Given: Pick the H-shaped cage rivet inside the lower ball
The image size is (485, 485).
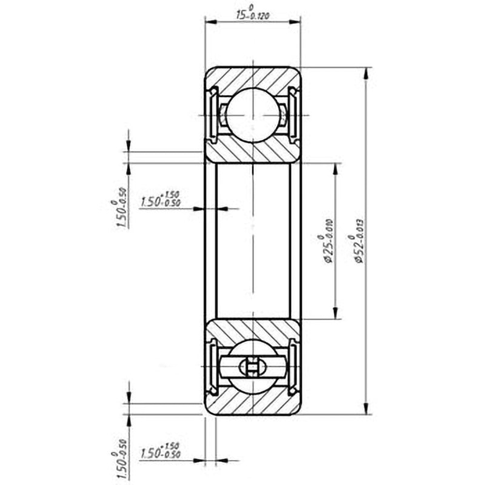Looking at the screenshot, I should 253,367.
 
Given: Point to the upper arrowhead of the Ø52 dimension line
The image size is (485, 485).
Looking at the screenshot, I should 366,72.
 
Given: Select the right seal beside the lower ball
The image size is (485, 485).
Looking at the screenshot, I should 294,367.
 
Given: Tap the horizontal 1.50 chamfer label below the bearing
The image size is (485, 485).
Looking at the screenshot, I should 160,451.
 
